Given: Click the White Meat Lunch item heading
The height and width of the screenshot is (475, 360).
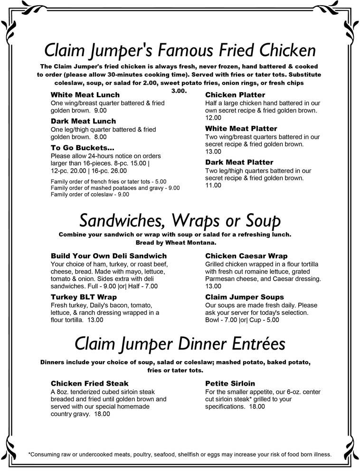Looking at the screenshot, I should [85, 95].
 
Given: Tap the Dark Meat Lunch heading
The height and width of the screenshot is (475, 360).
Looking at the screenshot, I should [83, 121].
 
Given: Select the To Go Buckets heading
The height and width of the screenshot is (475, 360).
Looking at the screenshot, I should [82, 148].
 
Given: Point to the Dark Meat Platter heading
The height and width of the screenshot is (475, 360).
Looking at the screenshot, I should [239, 162].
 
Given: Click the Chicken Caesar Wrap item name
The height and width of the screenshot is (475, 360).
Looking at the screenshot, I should [246, 256].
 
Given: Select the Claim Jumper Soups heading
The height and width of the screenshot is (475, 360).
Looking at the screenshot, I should [244, 297].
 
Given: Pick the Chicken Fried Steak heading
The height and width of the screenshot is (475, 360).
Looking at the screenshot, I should [89, 383].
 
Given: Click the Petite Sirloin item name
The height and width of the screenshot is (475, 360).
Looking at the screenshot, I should [230, 383].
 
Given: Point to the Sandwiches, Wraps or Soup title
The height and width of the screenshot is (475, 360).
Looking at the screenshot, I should [180, 220].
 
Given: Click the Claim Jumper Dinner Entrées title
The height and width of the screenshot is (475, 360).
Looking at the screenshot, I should [180, 343].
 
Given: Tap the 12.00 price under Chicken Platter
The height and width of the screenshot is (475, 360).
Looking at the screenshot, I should [213, 118].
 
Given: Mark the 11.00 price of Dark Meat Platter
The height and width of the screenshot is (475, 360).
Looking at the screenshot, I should [213, 185].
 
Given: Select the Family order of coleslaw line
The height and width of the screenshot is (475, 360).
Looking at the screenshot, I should [90, 194].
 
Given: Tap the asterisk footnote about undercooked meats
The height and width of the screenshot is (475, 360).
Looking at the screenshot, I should [180, 454].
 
